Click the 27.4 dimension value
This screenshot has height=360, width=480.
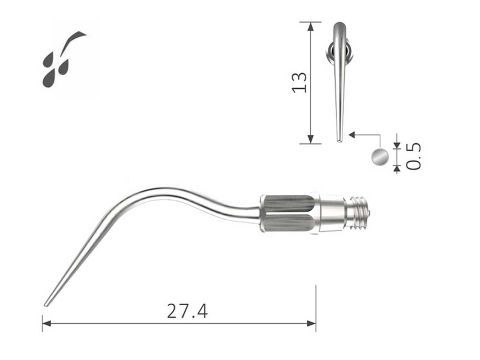(x=187, y=311)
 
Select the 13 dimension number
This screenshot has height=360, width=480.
(x=300, y=82)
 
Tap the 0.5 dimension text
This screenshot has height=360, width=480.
(x=414, y=156)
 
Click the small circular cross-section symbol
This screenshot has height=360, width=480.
(x=379, y=156)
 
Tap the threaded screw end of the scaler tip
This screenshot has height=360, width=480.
(x=358, y=214)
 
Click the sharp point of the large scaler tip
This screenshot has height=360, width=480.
(x=45, y=305)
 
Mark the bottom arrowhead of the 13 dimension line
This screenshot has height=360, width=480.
(x=311, y=140)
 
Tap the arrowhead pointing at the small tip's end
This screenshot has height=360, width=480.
(x=352, y=135)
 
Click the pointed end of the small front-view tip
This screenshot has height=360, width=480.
(x=339, y=140)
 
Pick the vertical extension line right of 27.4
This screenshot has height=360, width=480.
(x=316, y=308)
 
